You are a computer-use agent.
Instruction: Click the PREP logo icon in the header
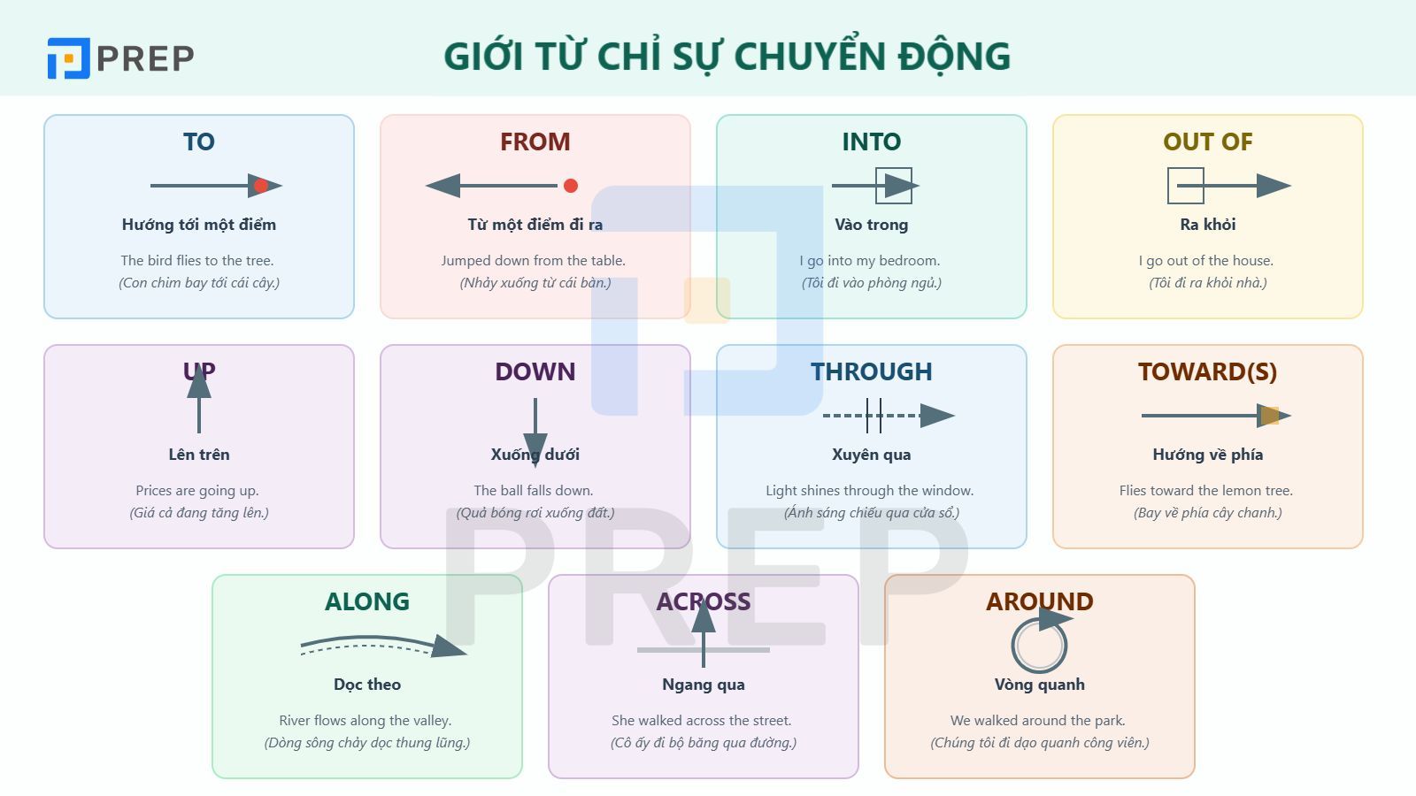[68, 58]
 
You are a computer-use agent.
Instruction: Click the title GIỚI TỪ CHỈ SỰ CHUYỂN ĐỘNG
[727, 56]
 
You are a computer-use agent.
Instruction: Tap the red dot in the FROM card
[571, 186]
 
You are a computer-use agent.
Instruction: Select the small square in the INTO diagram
[893, 186]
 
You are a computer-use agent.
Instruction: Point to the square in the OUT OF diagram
[1185, 186]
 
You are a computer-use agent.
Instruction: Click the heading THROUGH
[871, 371]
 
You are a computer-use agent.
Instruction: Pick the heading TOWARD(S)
[1207, 371]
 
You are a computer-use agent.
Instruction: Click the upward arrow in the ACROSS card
[704, 633]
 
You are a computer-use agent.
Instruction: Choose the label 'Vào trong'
[871, 225]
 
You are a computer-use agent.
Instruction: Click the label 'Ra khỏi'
[1207, 225]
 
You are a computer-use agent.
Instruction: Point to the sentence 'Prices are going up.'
[197, 491]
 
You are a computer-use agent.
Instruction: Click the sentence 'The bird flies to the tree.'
[197, 261]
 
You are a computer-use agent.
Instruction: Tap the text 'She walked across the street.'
[701, 721]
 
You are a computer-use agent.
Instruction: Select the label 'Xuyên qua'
[871, 455]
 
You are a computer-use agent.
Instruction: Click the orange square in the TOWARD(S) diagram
[1270, 416]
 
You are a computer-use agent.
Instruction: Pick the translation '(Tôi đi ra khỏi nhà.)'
[1207, 283]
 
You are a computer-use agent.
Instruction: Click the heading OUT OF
[1207, 142]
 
